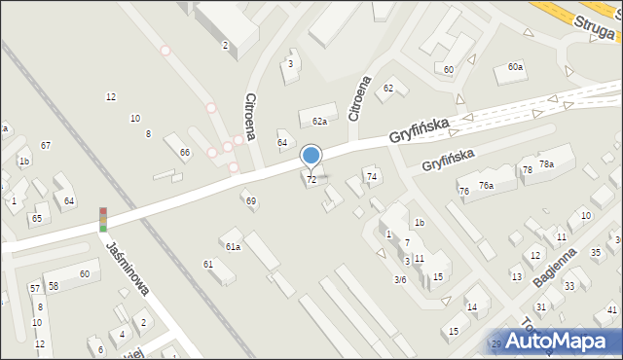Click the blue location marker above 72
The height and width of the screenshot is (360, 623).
pos(311,156)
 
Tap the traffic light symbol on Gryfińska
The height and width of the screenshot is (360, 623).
pos(103,219)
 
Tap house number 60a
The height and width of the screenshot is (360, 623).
pos(515,66)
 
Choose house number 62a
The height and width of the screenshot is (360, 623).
pos(319,122)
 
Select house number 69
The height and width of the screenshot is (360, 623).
pos(251,201)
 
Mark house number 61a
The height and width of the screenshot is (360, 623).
pos(233,247)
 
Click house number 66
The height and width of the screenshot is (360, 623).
pos(185,153)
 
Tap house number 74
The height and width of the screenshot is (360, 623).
pos(371,176)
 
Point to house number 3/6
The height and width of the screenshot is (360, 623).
pos(399,280)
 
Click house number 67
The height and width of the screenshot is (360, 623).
pos(46,145)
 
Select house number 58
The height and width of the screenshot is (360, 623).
pos(54,286)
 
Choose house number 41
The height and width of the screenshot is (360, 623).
pos(611,310)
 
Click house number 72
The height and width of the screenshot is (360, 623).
pos(311,180)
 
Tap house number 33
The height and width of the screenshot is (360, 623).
pos(569,286)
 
